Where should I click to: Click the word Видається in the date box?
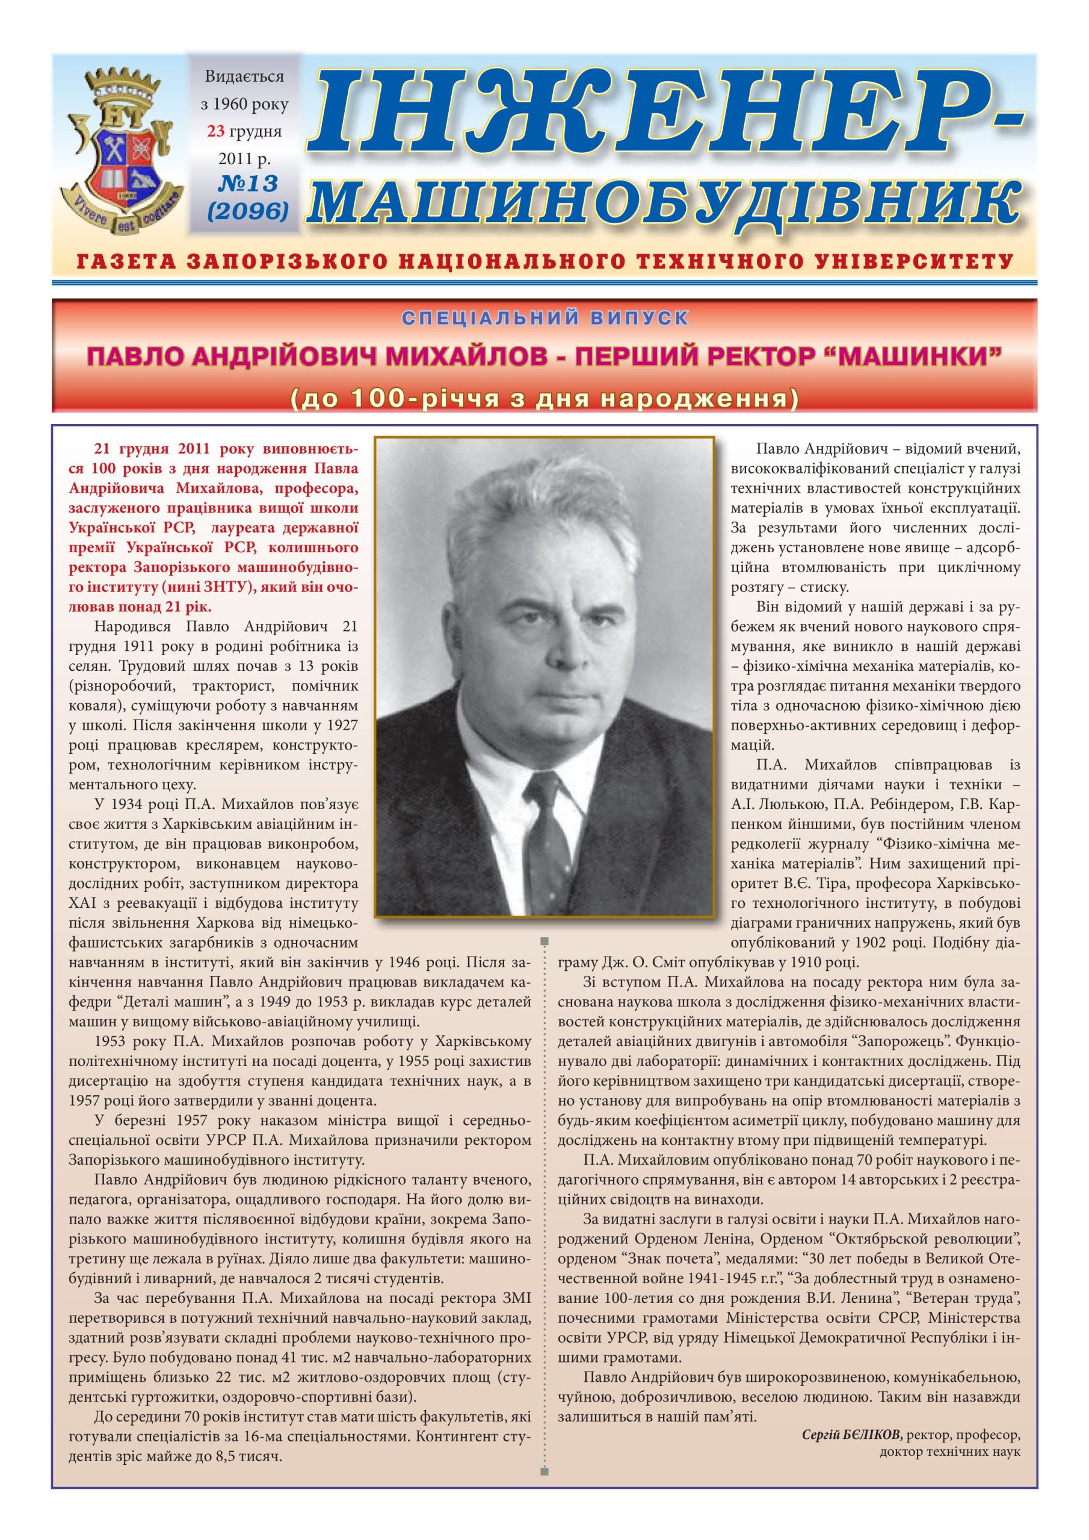tap(244, 76)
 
